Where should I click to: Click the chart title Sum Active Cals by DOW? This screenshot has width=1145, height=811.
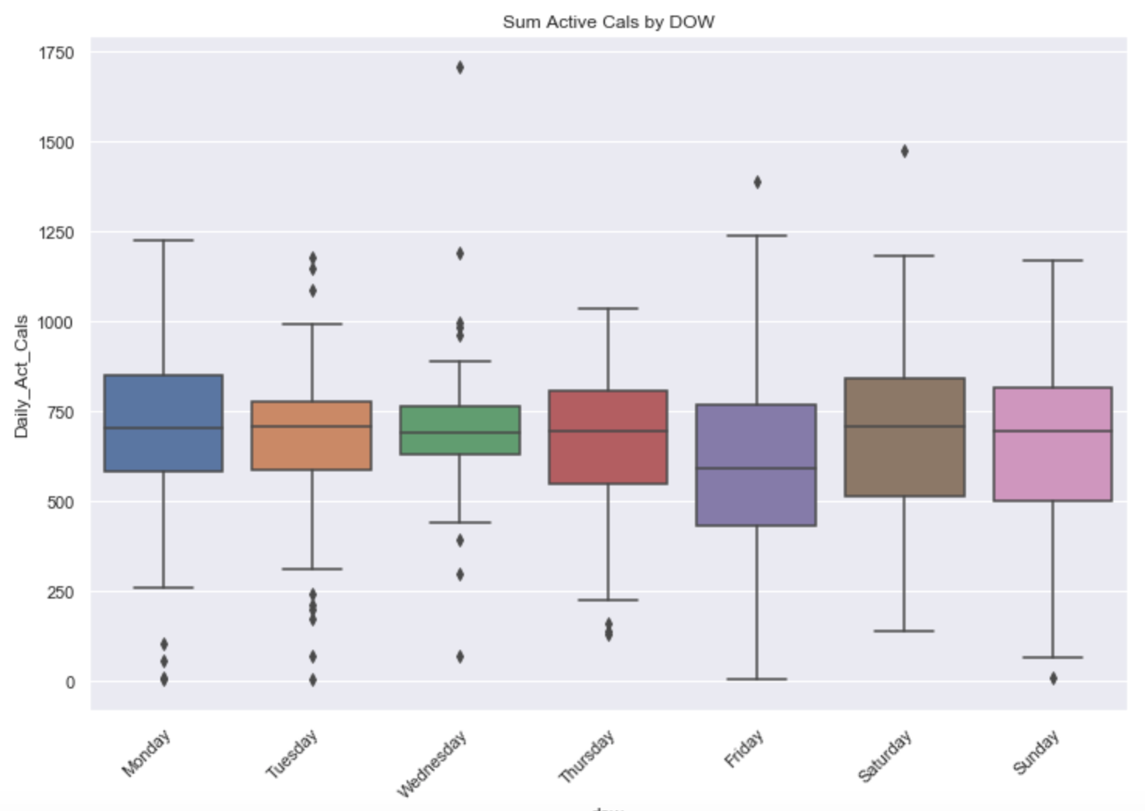[x=608, y=22]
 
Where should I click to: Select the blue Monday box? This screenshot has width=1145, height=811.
[x=163, y=423]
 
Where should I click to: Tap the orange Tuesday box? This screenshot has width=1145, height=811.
[x=311, y=435]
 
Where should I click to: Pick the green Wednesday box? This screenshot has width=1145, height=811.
[x=460, y=430]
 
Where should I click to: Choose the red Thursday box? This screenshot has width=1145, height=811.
[x=608, y=437]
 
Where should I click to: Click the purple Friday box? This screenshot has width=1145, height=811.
[x=756, y=464]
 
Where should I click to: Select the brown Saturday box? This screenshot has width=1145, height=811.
[x=904, y=437]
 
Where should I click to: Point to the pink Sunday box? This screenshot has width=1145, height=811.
[x=1053, y=443]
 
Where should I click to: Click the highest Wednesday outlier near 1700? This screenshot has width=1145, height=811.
[x=460, y=67]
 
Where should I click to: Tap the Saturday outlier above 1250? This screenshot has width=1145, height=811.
[x=905, y=151]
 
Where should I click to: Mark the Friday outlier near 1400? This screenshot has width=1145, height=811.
[x=757, y=182]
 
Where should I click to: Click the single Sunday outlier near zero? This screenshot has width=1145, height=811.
[x=1054, y=678]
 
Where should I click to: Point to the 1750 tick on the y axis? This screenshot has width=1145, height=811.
[x=57, y=53]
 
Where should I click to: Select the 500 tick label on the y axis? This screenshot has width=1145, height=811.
[x=60, y=502]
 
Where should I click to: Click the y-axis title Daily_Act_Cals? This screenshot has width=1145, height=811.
[x=21, y=376]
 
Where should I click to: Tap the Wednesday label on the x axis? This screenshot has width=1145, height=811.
[x=432, y=763]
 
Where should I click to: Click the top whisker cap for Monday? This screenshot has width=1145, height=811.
[x=163, y=240]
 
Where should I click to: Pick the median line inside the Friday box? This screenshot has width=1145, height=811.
[x=756, y=468]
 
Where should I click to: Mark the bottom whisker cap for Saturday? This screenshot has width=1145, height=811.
[x=904, y=631]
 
